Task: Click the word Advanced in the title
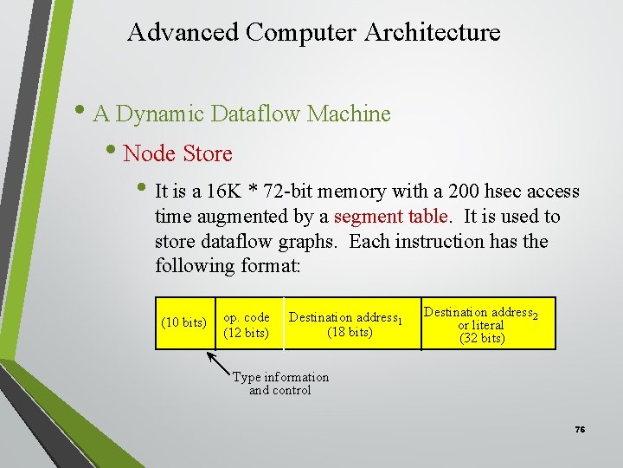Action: pos(182,33)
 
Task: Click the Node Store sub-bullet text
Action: pos(177,154)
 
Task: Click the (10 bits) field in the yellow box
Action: pos(183,323)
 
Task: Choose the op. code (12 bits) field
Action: pos(247,325)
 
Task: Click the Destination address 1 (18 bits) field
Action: pos(347,325)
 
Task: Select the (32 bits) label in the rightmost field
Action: pos(482,338)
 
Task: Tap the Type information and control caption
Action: pos(279,383)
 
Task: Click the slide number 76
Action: pos(580,431)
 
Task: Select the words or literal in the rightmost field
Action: pos(482,325)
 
